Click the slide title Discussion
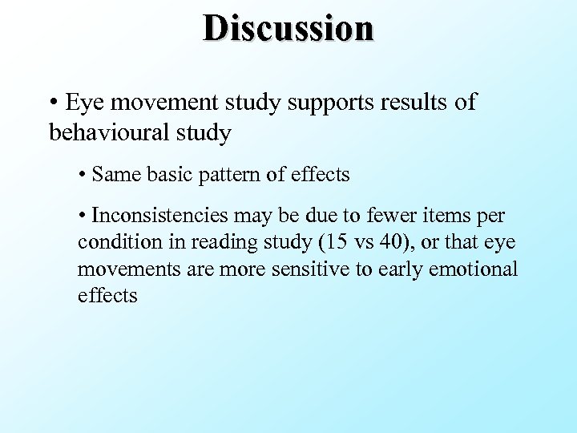click(x=288, y=27)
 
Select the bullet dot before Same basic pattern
click(x=83, y=175)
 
